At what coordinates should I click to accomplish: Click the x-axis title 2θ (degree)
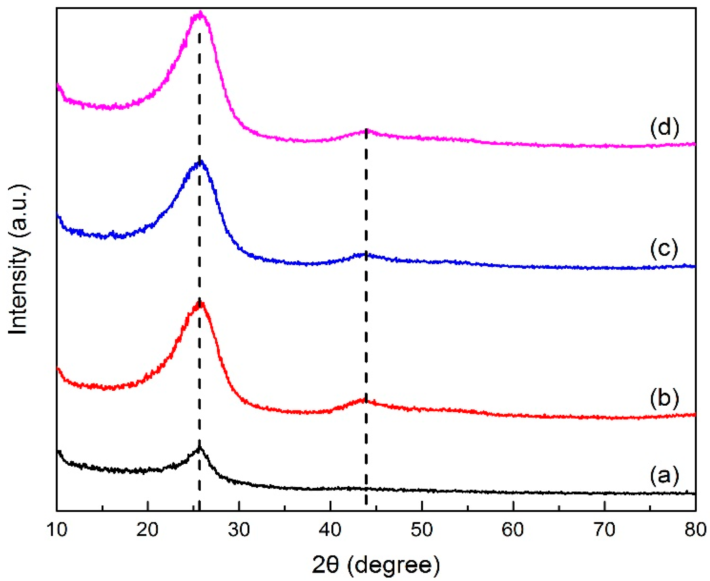point(376,565)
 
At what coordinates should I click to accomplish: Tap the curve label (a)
point(665,476)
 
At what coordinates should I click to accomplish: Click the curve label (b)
point(665,398)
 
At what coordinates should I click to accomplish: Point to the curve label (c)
point(665,249)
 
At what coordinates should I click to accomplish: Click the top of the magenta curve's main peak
point(200,13)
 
